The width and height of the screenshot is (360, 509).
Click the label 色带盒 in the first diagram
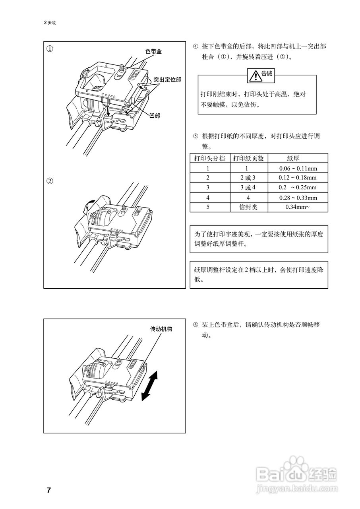tap(153, 51)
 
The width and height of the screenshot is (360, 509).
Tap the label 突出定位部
tap(167, 80)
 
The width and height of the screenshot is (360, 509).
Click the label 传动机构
tap(161, 329)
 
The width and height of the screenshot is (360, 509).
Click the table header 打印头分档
tap(209, 158)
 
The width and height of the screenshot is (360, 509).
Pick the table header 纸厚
tap(298, 158)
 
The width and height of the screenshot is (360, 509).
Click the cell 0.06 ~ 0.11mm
tap(298, 168)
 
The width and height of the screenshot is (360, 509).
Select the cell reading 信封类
tap(249, 207)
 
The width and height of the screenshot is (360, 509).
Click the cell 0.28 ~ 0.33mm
tap(298, 198)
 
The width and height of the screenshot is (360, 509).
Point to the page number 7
tap(48, 490)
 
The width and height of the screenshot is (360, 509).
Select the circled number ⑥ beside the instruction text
tap(195, 325)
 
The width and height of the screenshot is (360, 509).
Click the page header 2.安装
tap(50, 23)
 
